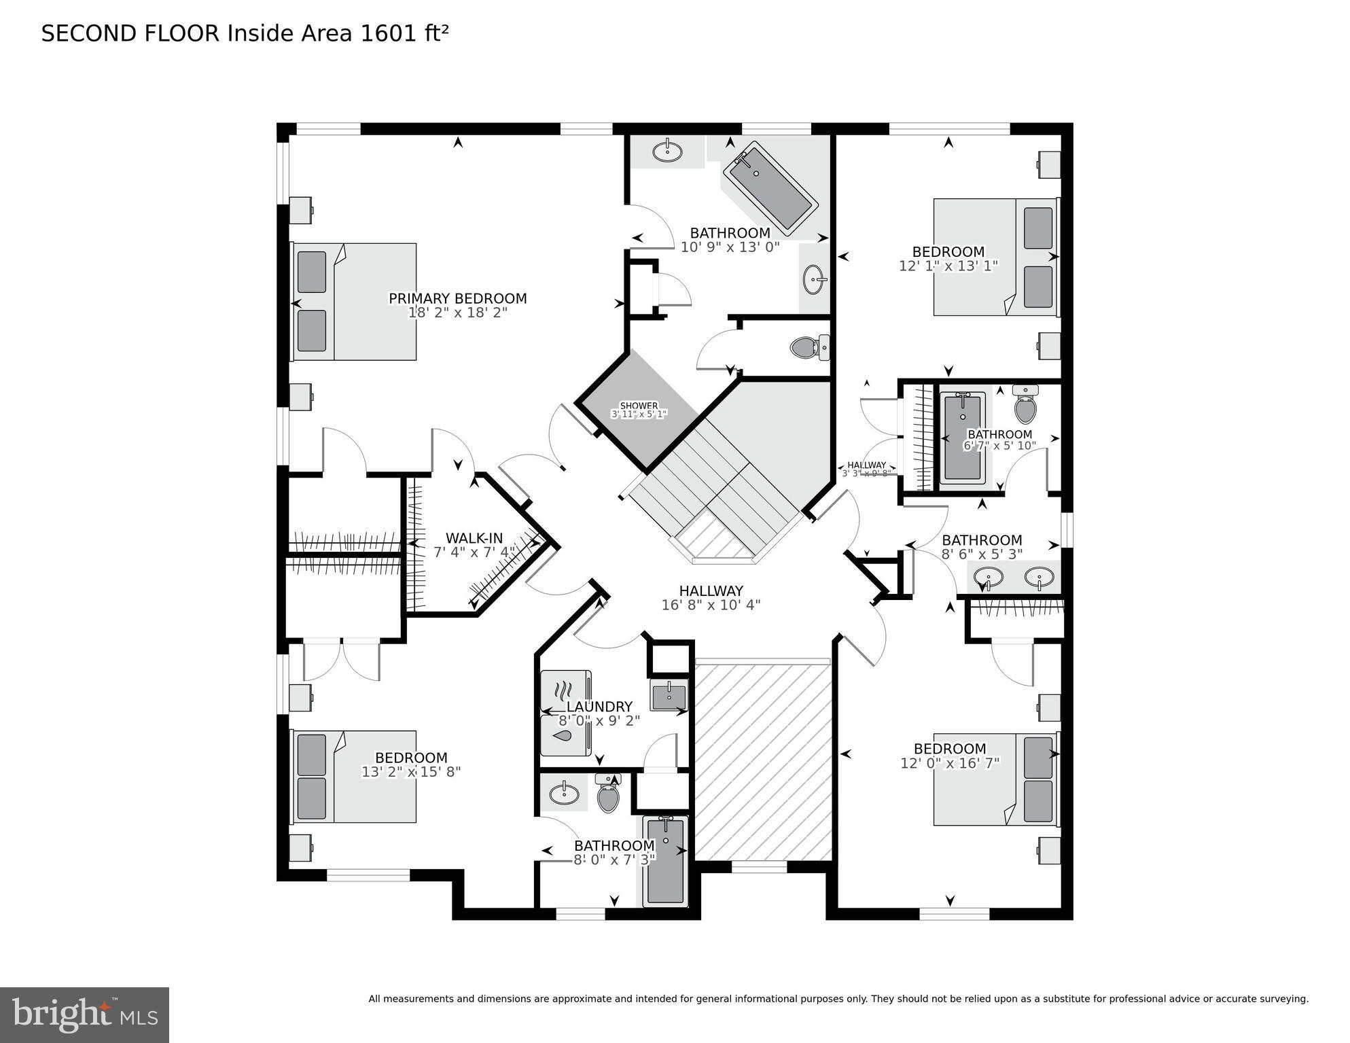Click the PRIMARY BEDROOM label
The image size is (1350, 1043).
point(457,298)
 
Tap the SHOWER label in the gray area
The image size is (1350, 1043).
point(639,406)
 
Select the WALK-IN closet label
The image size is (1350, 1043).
point(474,538)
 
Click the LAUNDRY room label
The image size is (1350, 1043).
point(599,707)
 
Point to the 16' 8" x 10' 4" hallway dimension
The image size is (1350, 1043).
point(711,605)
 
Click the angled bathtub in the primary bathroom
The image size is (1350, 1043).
point(770,190)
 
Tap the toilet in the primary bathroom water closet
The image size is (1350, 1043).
point(809,348)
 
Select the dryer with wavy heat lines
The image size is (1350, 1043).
point(565,691)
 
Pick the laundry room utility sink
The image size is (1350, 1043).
point(669,695)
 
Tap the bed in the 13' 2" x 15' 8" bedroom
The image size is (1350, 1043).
point(354,777)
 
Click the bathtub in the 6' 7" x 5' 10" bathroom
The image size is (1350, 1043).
point(962,438)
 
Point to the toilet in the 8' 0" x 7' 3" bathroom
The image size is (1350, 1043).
point(608,795)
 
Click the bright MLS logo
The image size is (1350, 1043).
point(84,1015)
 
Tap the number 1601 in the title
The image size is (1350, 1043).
point(387,33)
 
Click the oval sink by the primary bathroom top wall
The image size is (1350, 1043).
point(667,151)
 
